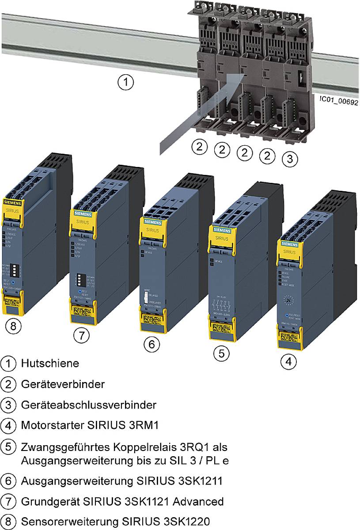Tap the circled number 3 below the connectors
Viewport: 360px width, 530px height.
pos(289,159)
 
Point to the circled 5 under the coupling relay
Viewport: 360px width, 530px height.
pos(222,353)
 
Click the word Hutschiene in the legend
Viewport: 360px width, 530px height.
pos(50,363)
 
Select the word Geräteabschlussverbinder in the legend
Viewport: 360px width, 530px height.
pos(88,405)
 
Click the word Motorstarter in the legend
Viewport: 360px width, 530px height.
pos(49,425)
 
